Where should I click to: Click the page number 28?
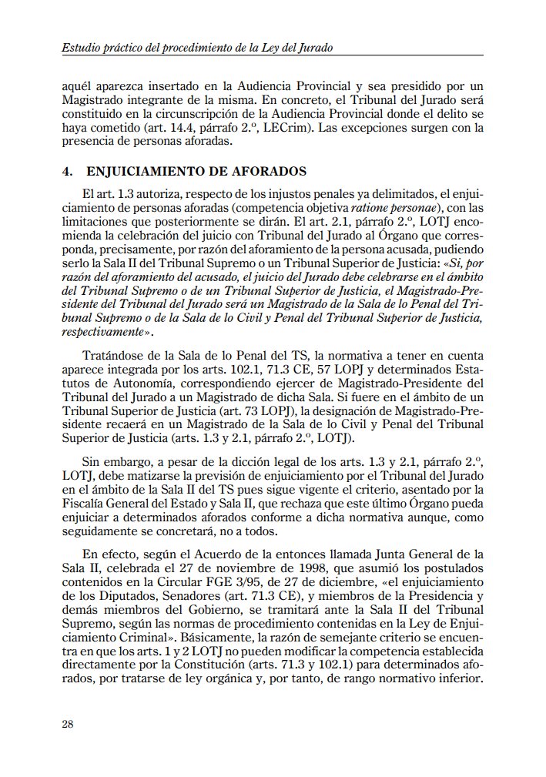tap(67, 724)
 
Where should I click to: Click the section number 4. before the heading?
tap(67, 170)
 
